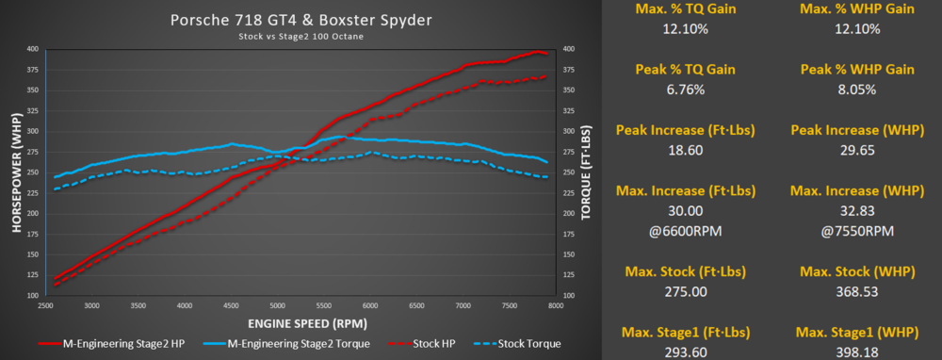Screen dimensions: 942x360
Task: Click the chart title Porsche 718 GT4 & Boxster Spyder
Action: [x=301, y=21]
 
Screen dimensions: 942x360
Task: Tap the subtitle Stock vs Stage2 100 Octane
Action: [x=301, y=36]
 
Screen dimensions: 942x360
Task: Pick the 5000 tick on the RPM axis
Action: [x=277, y=305]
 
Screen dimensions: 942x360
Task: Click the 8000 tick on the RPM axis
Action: [x=556, y=305]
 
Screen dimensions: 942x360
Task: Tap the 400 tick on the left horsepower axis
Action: [x=32, y=49]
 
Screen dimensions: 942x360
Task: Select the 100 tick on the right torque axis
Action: [x=568, y=296]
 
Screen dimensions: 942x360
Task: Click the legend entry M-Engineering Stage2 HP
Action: [x=114, y=344]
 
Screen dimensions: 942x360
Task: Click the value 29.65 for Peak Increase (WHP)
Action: [x=857, y=150]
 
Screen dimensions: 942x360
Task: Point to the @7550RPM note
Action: [x=857, y=232]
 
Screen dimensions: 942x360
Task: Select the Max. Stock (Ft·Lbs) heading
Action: [x=685, y=271]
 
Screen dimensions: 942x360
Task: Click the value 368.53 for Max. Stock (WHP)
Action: [x=857, y=291]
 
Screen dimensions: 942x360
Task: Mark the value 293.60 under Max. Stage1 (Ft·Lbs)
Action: [x=685, y=352]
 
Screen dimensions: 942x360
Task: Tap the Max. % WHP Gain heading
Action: [x=857, y=9]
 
